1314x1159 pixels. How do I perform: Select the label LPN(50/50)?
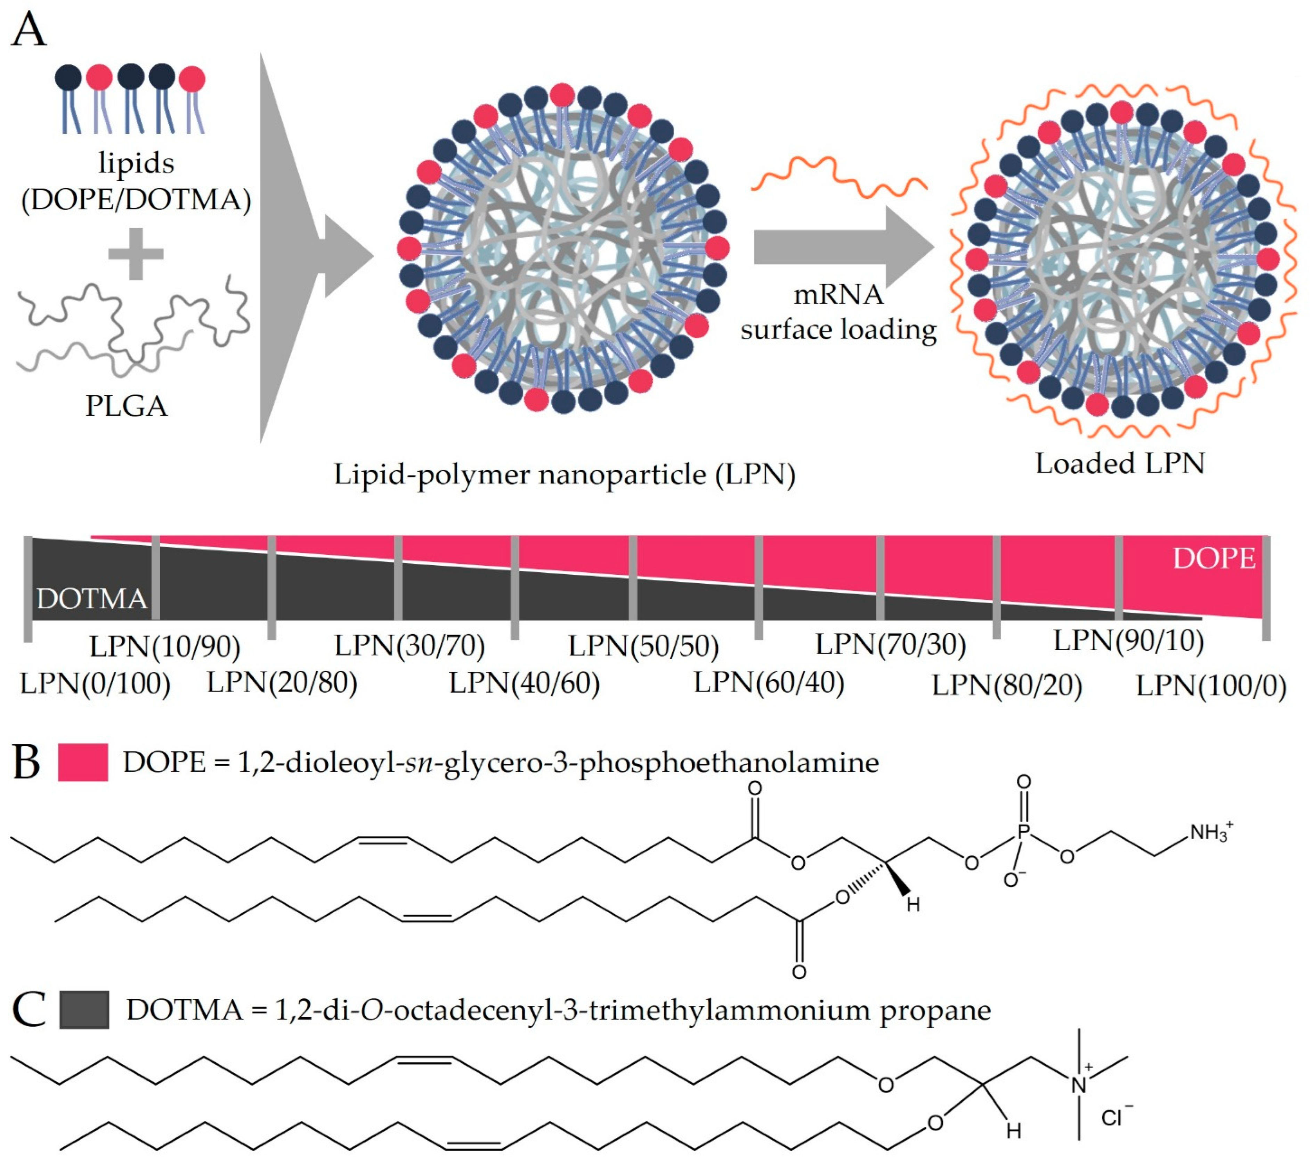[643, 646]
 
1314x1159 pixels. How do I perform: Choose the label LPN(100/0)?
[1211, 686]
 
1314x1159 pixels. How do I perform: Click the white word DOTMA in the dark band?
[91, 599]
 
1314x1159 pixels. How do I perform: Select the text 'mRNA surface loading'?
[838, 312]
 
